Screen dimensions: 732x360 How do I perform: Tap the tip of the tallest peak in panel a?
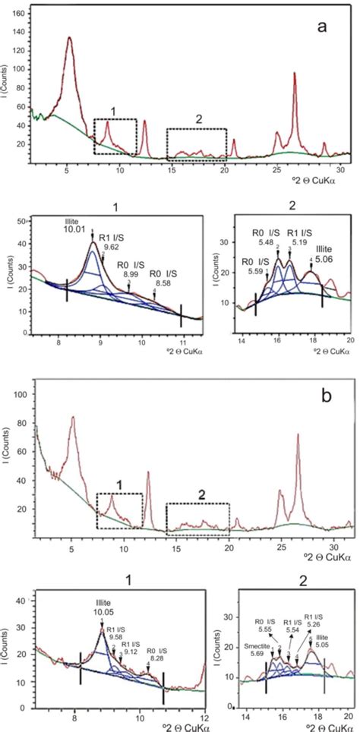tap(70, 37)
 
